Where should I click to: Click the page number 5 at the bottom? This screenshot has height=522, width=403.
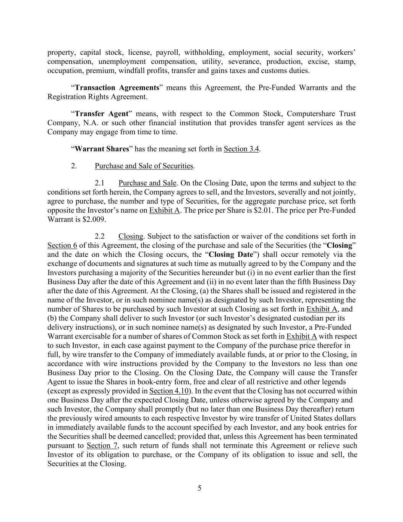(x=199, y=488)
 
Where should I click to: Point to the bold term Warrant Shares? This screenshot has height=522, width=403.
(x=102, y=149)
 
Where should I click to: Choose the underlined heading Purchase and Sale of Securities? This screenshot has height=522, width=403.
(x=144, y=166)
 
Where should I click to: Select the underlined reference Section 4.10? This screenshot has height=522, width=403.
(x=169, y=391)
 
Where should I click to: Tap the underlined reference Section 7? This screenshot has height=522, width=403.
(x=102, y=446)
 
